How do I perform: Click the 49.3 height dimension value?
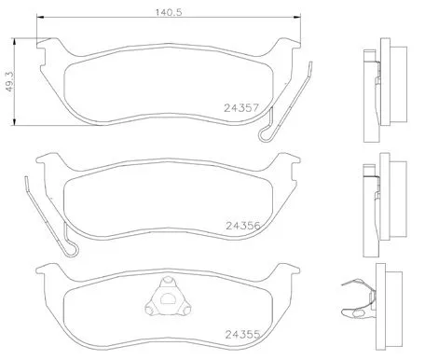click(x=10, y=84)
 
